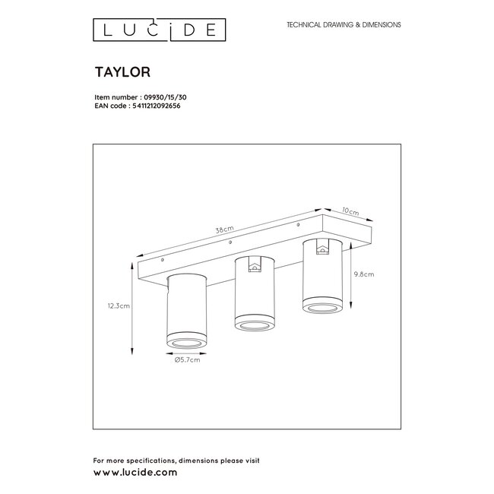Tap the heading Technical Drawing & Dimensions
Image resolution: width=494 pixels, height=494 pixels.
click(343, 25)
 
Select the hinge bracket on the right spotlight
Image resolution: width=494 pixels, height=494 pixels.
click(322, 247)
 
